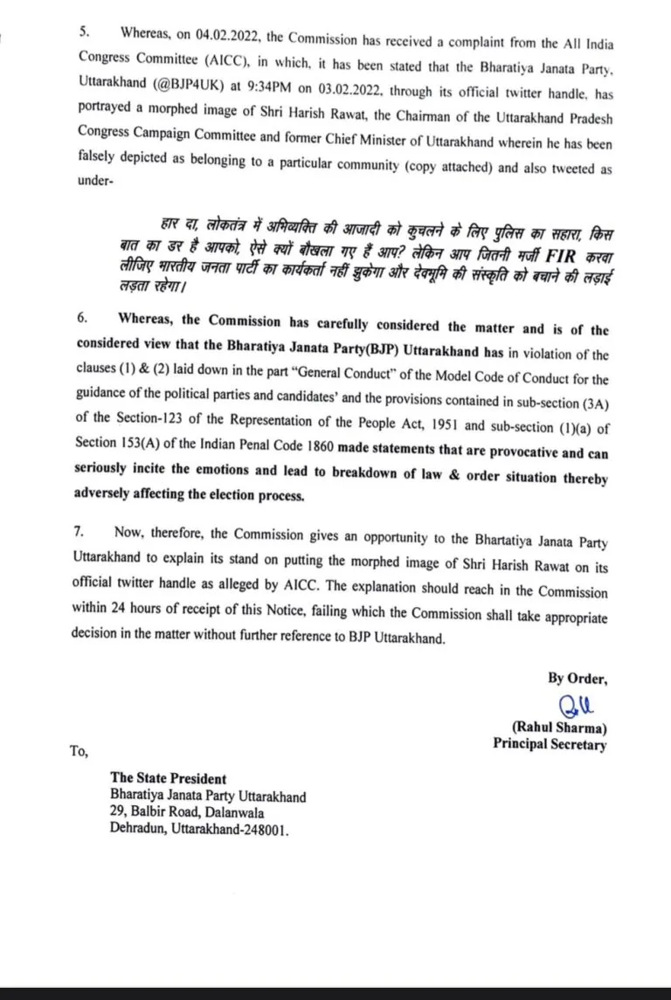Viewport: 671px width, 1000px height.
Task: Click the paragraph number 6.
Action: [84, 320]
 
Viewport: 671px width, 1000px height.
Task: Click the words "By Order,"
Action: [577, 678]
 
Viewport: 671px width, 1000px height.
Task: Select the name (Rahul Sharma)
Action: [559, 728]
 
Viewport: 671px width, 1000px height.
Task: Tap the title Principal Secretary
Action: [549, 744]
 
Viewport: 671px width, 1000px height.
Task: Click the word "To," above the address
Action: [79, 749]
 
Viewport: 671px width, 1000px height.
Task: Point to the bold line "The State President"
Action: [168, 778]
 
